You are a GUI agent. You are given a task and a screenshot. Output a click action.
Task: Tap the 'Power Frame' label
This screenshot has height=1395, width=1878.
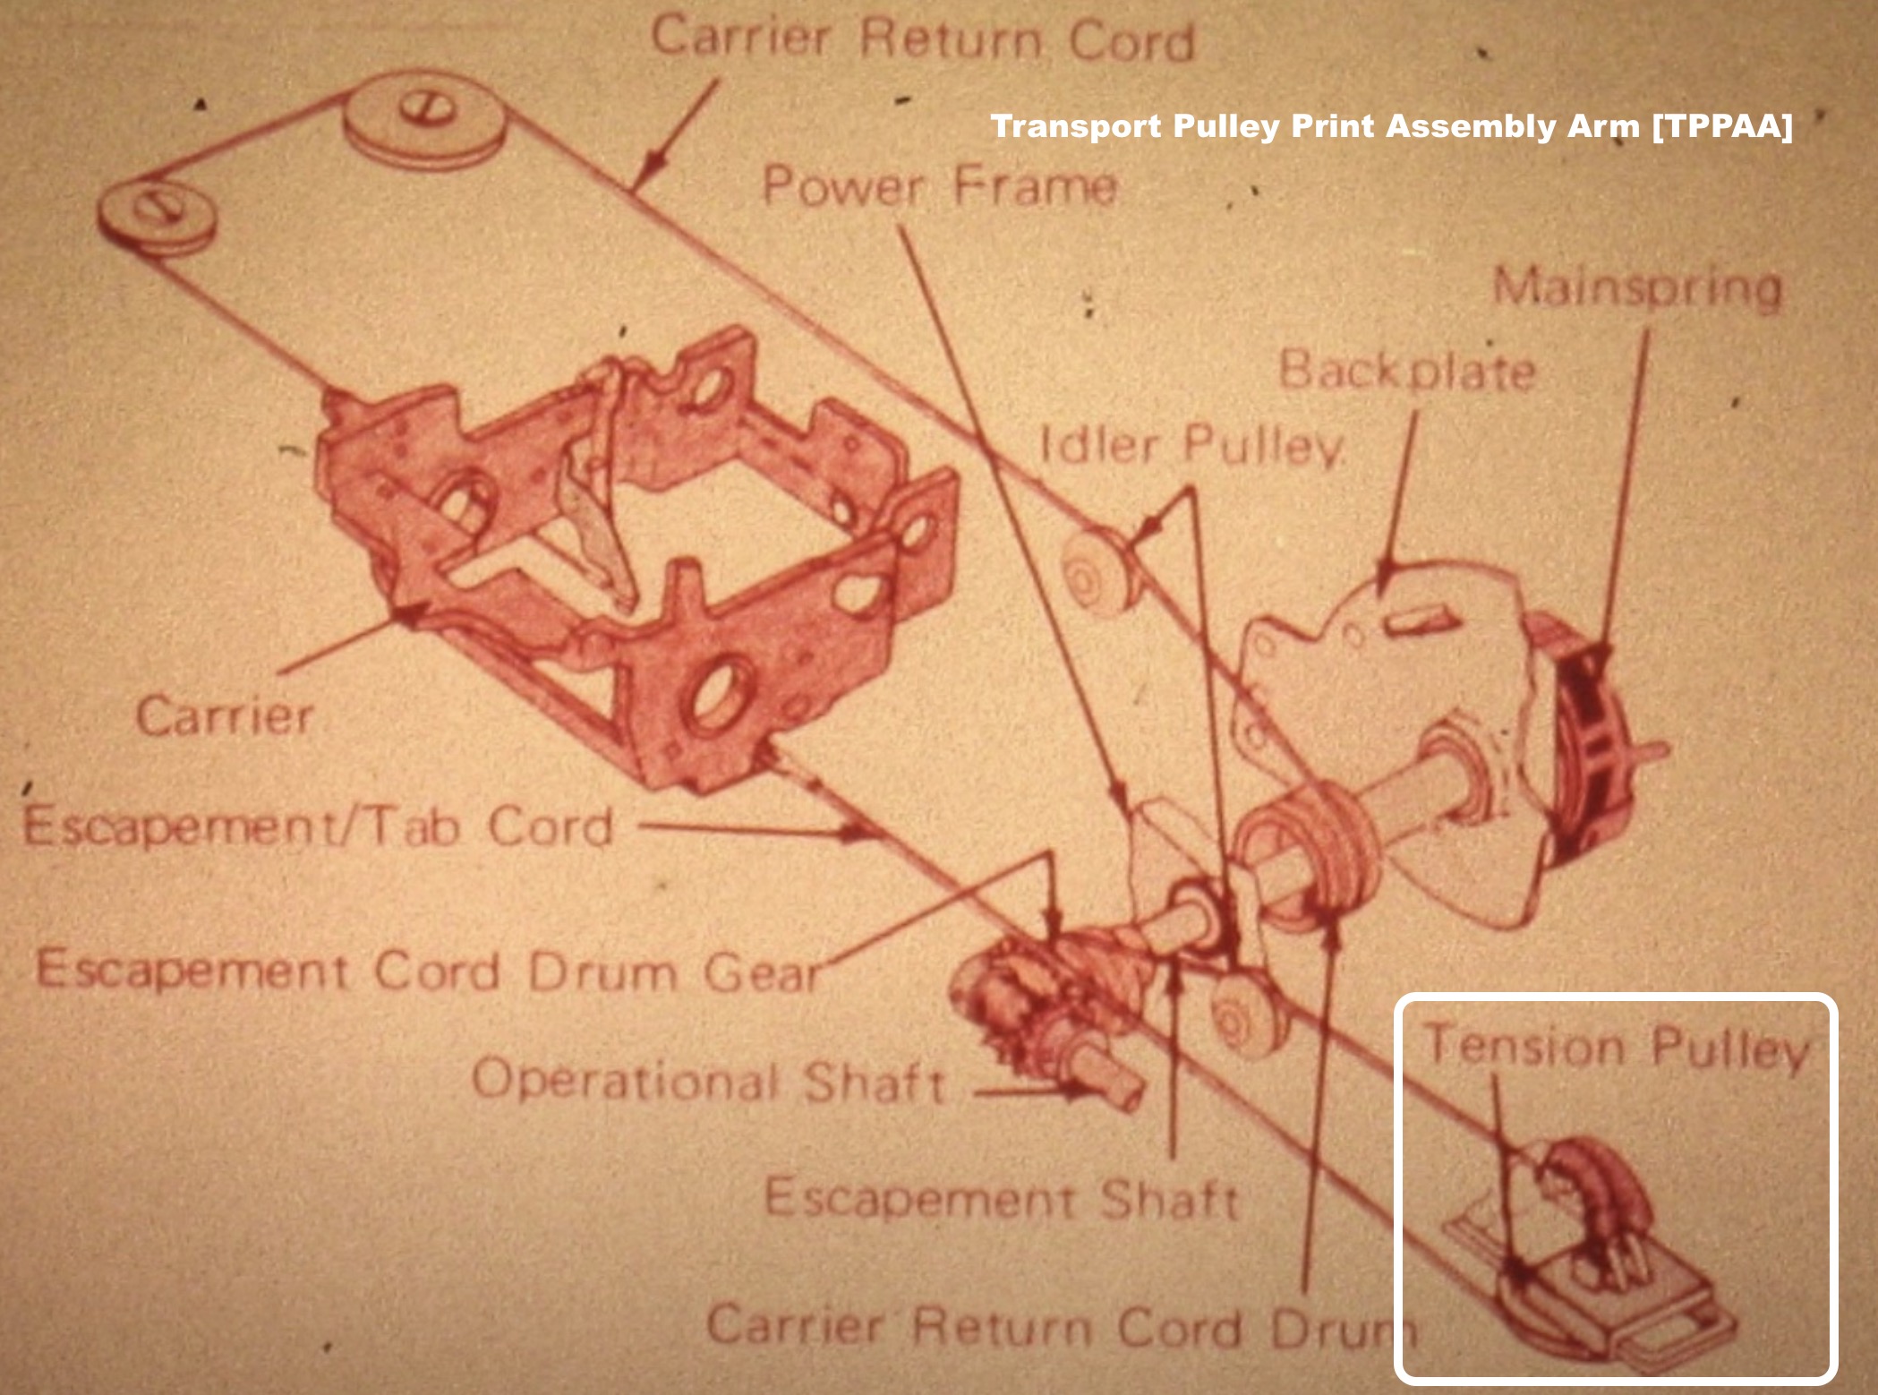pyautogui.click(x=939, y=186)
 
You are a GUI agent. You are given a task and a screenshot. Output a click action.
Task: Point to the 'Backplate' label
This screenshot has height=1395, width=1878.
pyautogui.click(x=1407, y=370)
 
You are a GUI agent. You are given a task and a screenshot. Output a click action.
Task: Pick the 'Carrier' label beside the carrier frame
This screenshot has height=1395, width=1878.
pyautogui.click(x=225, y=715)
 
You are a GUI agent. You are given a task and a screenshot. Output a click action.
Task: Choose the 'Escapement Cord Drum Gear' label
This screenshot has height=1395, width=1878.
pyautogui.click(x=429, y=971)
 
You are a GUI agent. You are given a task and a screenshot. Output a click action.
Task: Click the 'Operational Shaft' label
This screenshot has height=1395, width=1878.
pyautogui.click(x=709, y=1080)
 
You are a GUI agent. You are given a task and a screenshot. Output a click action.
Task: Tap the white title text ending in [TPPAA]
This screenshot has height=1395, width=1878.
pyautogui.click(x=1392, y=126)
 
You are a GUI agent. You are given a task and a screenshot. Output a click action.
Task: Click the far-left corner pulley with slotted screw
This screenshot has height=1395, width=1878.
pyautogui.click(x=157, y=216)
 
